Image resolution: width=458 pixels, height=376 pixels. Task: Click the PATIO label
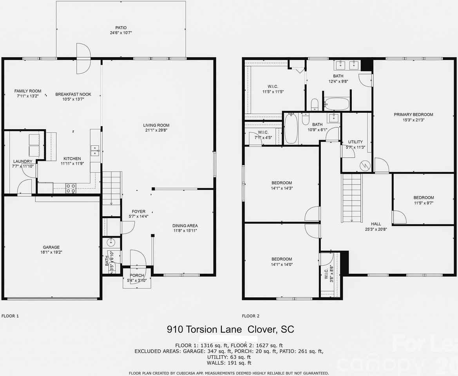tap(121, 28)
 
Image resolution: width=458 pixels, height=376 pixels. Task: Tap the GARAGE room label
tap(51, 247)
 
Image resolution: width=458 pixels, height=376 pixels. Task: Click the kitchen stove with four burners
tap(71, 188)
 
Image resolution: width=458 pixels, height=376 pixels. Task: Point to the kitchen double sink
tap(95, 150)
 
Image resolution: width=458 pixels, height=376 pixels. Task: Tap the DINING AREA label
tap(185, 226)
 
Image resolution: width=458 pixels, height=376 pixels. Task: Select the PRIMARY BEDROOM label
tap(413, 115)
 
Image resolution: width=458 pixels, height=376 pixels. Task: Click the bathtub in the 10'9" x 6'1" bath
tap(290, 128)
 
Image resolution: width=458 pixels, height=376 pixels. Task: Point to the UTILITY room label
tap(355, 142)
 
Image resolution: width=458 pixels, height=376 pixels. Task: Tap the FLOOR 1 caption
tap(10, 316)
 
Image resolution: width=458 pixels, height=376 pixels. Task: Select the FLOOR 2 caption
tap(251, 316)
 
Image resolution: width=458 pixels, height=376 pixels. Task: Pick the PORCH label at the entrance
tap(137, 275)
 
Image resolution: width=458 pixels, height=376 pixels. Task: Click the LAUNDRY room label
tap(23, 161)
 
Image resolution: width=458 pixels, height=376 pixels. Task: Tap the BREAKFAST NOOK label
tap(73, 94)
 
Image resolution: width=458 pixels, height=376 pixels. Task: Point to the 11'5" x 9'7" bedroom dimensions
tap(424, 203)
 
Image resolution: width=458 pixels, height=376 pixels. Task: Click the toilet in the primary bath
tap(315, 105)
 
